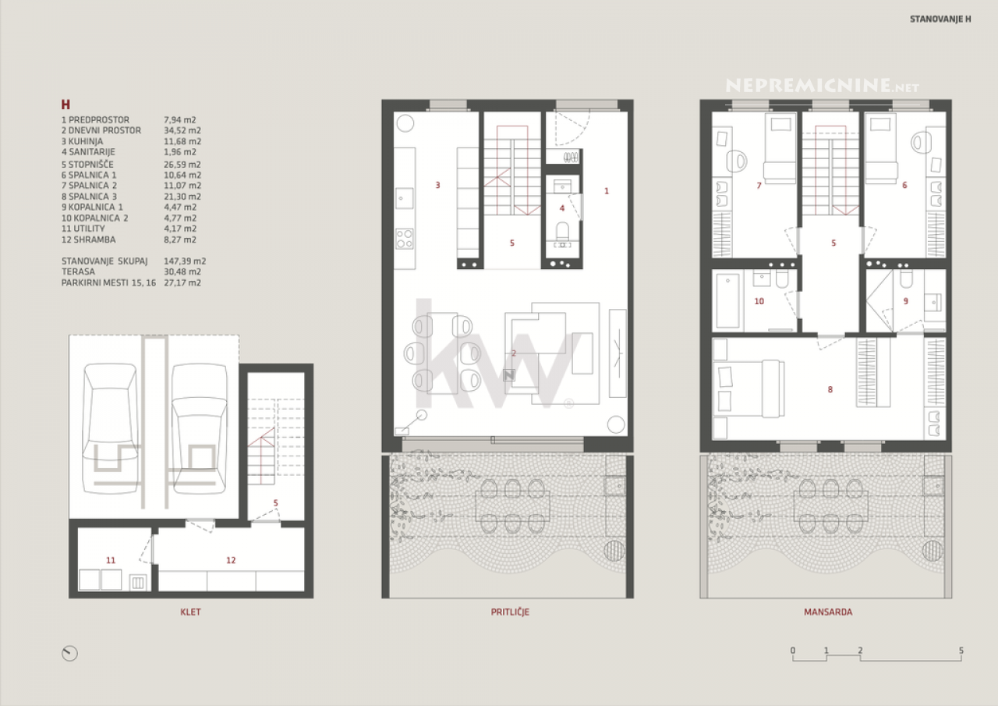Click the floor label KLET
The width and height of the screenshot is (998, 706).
tap(190, 612)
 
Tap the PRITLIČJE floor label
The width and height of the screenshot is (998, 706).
tap(510, 612)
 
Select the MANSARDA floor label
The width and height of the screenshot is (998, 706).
tap(828, 612)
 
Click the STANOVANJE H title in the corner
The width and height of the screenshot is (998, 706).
tap(940, 20)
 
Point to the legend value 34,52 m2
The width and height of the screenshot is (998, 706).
tap(182, 130)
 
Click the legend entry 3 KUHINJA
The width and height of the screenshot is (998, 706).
tap(83, 141)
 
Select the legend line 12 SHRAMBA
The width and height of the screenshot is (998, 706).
tap(89, 239)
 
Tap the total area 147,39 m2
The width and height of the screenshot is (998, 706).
tap(185, 261)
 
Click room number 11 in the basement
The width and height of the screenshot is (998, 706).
tap(111, 560)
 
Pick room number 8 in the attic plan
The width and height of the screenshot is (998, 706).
tap(830, 389)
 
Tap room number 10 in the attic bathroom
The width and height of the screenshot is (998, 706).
tap(759, 301)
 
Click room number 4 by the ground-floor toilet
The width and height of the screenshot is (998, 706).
tap(562, 208)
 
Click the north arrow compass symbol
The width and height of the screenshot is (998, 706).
tap(69, 654)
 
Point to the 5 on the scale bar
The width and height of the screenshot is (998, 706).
tap(961, 651)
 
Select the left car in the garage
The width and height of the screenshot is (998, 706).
tap(110, 429)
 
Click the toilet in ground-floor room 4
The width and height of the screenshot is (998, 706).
tap(562, 232)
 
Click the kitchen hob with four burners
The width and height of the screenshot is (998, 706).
tap(405, 239)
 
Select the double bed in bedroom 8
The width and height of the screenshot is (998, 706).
tap(748, 389)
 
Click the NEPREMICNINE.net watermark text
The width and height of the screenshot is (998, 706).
tap(823, 86)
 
